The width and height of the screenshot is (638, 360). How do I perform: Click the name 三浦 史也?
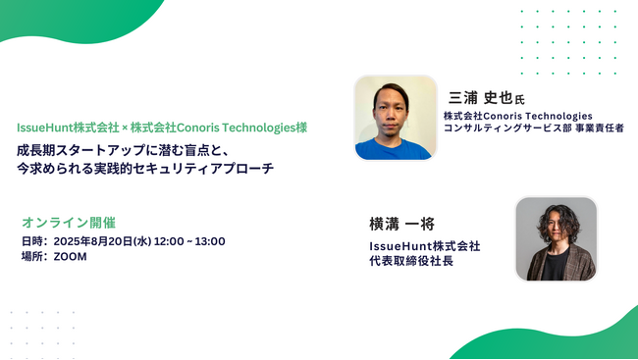coord(480,97)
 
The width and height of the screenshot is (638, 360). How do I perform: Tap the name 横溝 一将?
coord(399,224)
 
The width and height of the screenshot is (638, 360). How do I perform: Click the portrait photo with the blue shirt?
coord(395,118)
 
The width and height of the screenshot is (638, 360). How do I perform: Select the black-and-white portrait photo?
coord(556,239)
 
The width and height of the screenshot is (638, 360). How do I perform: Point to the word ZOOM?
coord(71,257)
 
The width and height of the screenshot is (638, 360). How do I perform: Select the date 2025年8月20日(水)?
coord(109,241)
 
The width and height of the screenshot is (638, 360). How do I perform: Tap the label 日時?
coord(33,241)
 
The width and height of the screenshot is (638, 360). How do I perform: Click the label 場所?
coord(33,257)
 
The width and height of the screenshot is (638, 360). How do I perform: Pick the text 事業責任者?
coord(597,129)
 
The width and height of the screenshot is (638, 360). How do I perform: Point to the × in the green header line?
coord(125,129)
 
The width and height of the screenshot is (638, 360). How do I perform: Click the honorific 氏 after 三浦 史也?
coord(520,99)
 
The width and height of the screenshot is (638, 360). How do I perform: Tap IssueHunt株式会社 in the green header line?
coord(68,129)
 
